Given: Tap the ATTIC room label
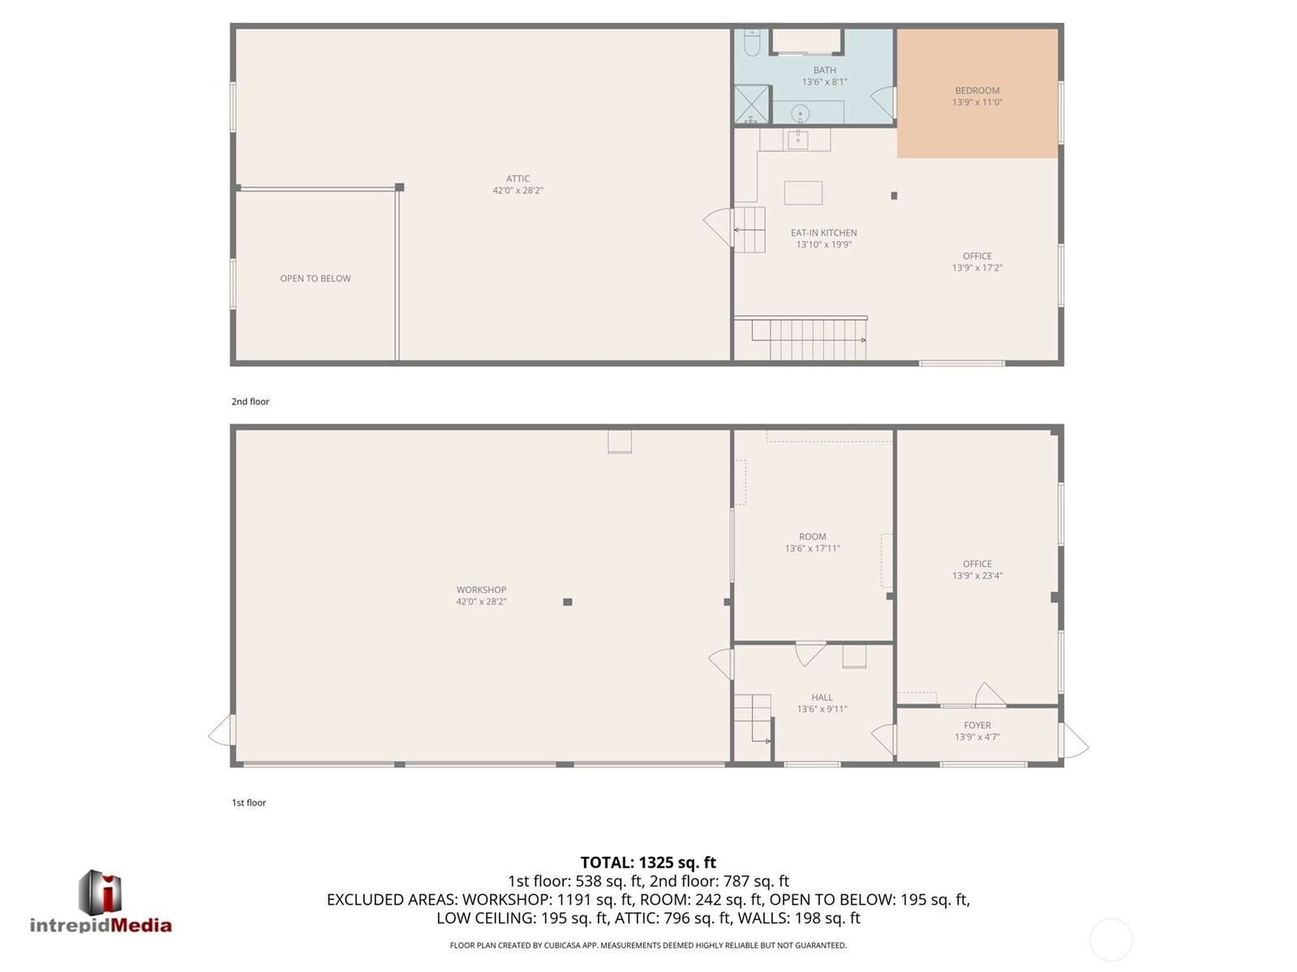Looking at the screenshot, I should click(518, 179).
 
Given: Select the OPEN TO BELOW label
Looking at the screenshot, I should click(315, 279).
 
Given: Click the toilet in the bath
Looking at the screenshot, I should click(751, 44).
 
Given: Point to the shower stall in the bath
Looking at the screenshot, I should click(751, 105).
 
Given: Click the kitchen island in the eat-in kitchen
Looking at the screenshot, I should click(803, 193).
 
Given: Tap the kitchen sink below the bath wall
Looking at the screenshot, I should click(797, 139).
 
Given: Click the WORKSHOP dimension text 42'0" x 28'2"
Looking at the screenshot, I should click(481, 602).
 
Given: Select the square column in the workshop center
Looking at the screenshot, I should click(568, 602).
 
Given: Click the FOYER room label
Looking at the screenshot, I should click(977, 726).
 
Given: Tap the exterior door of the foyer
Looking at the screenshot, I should click(1074, 740).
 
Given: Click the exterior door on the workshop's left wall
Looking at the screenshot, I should click(221, 731).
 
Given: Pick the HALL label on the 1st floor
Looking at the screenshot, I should click(822, 697).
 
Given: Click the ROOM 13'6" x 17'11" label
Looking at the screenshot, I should click(812, 542).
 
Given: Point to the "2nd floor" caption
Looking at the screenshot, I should click(250, 401).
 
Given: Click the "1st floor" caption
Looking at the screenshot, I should click(248, 803).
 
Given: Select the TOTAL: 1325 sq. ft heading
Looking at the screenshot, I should click(648, 863).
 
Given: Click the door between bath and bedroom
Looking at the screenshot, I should click(884, 103).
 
